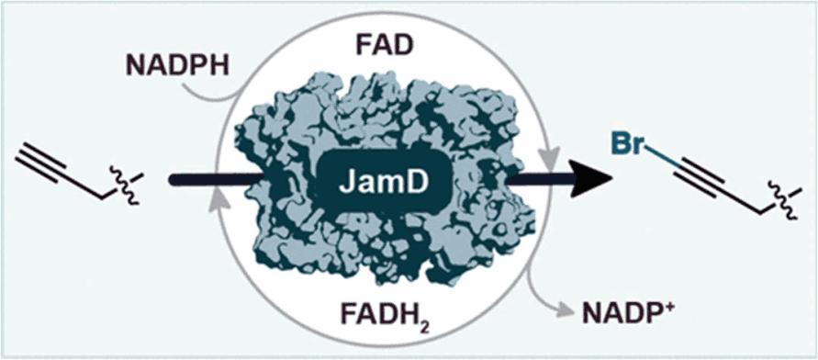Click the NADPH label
coord(178,65)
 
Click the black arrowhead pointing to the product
coord(593,179)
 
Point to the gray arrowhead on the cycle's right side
coord(549,158)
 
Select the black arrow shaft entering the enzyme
coord(215,179)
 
